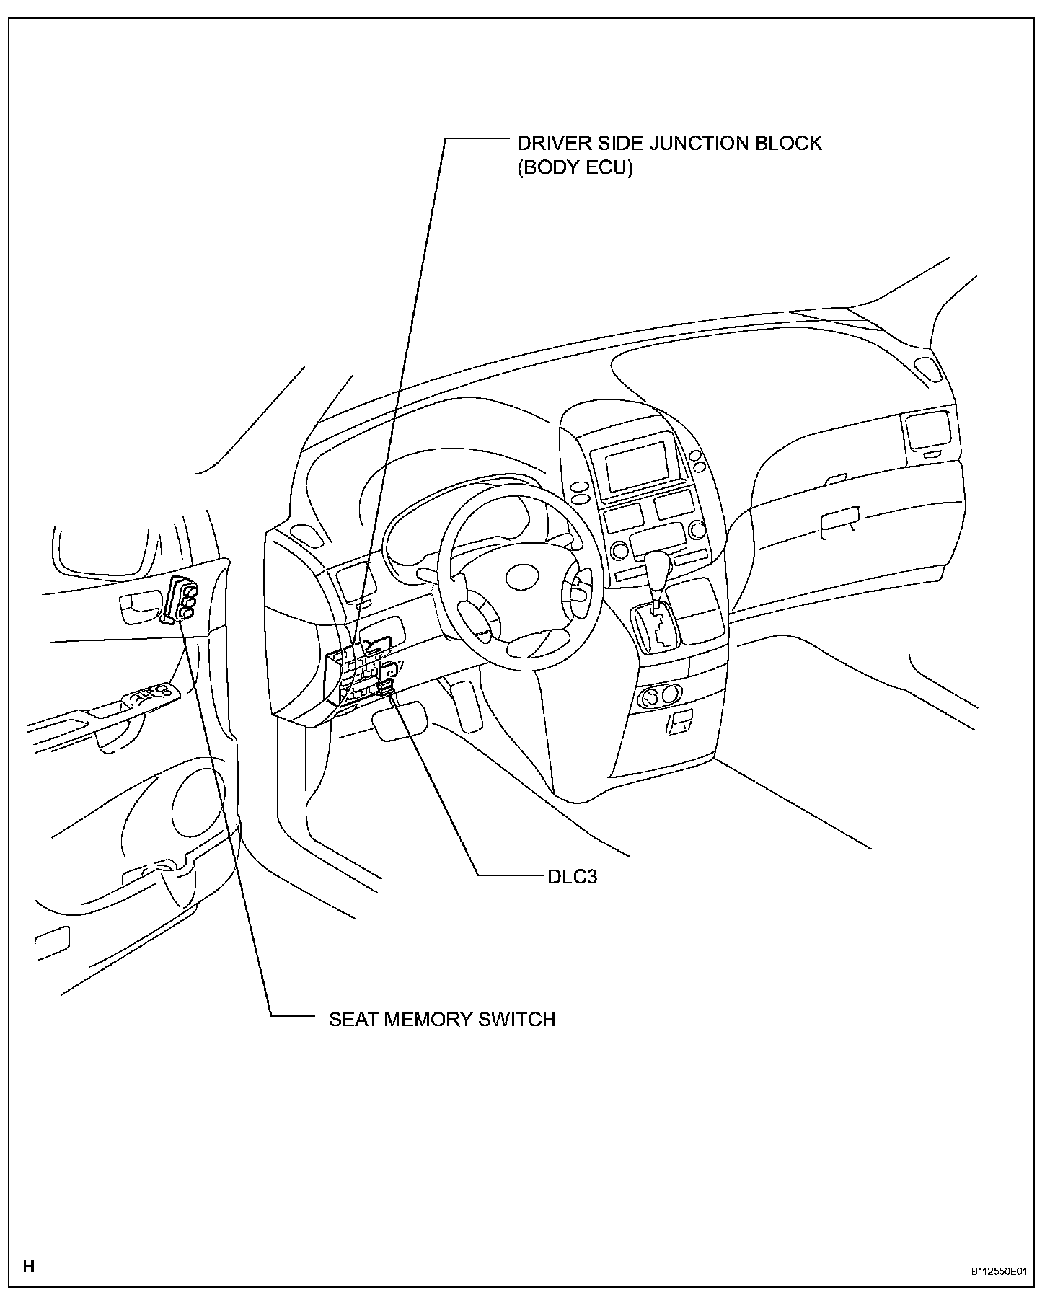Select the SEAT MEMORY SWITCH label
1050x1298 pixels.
[442, 1020]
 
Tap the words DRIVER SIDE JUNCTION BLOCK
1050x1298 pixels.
[669, 143]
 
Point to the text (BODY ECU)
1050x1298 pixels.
[575, 168]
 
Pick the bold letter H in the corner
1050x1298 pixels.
[29, 1266]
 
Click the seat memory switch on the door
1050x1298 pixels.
[184, 599]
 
